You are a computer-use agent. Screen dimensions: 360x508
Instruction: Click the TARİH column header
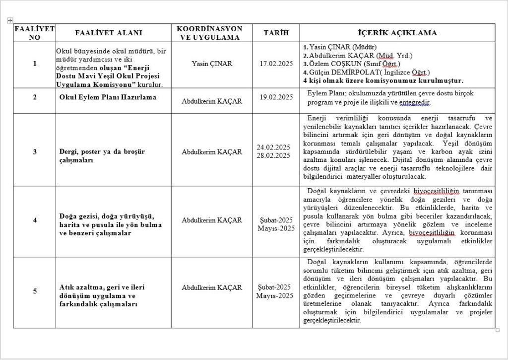tap(276, 33)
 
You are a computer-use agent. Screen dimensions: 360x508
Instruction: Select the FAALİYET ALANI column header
tap(108, 33)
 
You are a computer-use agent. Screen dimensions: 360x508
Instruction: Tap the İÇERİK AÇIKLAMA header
tap(397, 33)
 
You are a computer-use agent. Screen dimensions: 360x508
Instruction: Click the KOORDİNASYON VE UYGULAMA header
tap(209, 33)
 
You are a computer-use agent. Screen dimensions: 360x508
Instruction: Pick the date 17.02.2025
tap(276, 64)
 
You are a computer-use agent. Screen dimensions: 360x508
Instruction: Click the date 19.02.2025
tap(276, 97)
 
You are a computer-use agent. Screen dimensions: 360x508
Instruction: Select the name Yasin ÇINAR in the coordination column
tap(212, 64)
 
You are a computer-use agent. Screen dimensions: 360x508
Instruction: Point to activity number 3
tap(35, 152)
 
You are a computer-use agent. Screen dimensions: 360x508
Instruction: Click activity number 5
tap(35, 291)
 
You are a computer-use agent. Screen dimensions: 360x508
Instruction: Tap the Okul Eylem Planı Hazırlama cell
tap(108, 97)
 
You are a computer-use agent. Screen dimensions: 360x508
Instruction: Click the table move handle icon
tap(10, 20)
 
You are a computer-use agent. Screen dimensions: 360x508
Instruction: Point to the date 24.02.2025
tap(273, 147)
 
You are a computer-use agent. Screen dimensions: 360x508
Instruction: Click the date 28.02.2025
tap(273, 155)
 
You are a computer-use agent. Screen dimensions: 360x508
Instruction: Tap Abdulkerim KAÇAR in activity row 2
tap(212, 101)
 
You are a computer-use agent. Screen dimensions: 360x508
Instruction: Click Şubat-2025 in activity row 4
tap(276, 220)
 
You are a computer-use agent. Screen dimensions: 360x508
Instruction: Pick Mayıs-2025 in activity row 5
tap(275, 296)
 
